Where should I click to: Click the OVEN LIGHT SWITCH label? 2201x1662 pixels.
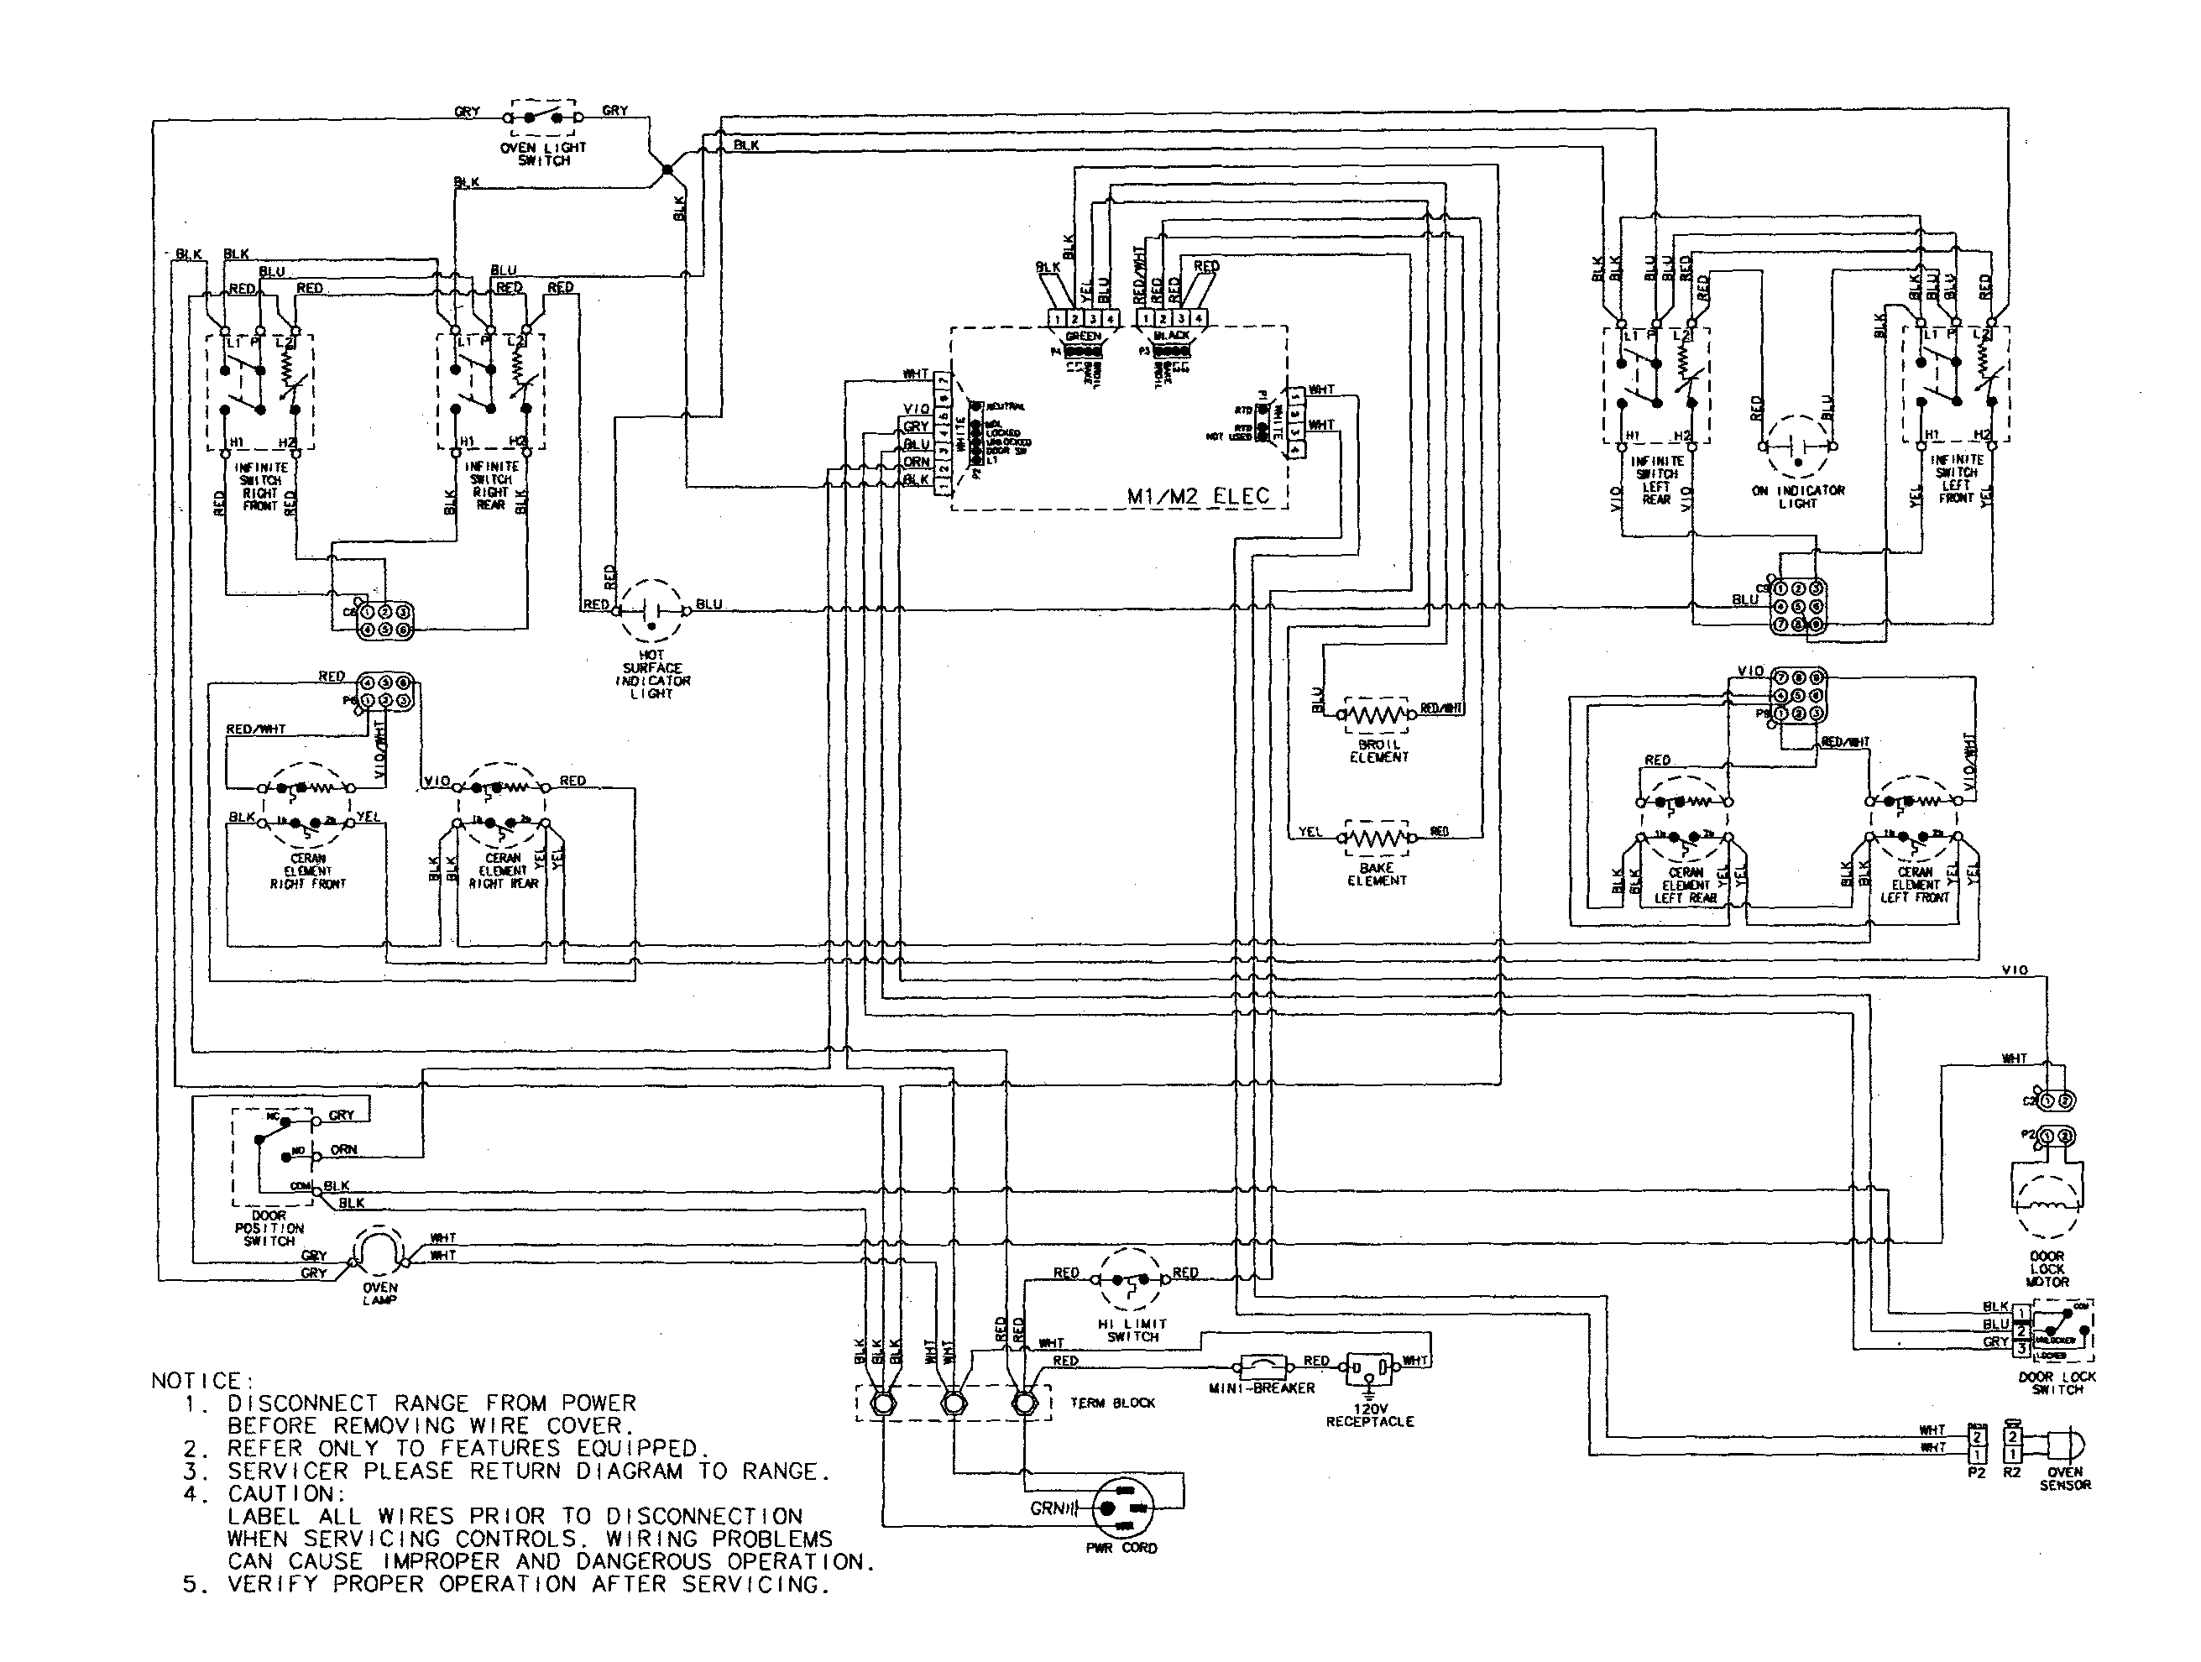(x=543, y=154)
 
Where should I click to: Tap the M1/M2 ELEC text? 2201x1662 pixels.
(x=1198, y=495)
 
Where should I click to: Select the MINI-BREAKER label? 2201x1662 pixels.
(x=1262, y=1388)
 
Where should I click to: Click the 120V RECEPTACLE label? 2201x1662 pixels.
(x=1369, y=1415)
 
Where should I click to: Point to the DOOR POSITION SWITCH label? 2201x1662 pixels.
(x=269, y=1228)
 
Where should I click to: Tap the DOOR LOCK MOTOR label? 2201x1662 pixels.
(x=2047, y=1269)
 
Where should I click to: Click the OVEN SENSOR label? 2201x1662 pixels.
(x=2065, y=1478)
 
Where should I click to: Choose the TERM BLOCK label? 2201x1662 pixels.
(x=1112, y=1403)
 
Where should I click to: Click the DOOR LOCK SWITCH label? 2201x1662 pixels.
(x=2057, y=1382)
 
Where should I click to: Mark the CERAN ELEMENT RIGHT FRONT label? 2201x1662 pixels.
(x=307, y=870)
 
